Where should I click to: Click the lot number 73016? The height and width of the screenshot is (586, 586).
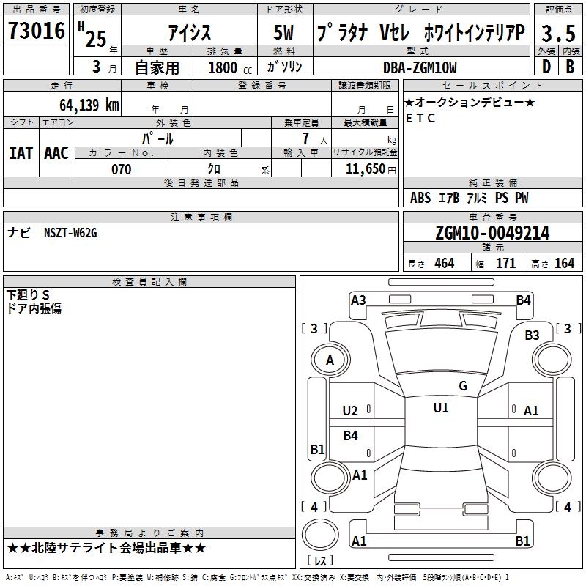(37, 31)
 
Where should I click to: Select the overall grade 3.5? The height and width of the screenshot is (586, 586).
(558, 34)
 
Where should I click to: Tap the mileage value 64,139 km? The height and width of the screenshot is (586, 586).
(89, 105)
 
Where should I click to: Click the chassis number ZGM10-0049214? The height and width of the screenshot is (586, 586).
(492, 233)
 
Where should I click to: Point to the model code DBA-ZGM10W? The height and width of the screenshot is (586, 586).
(420, 67)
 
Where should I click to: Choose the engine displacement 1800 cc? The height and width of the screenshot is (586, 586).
(230, 67)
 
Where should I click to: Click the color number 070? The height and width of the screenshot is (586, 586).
(122, 169)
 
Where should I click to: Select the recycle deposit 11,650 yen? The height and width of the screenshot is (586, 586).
(371, 169)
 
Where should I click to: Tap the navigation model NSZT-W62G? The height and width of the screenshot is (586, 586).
(70, 233)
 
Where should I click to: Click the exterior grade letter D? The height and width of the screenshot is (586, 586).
(546, 67)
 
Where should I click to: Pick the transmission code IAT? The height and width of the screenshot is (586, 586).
(21, 153)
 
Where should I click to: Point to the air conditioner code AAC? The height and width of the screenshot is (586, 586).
(56, 153)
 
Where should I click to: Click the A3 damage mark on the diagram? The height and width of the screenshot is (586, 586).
(358, 300)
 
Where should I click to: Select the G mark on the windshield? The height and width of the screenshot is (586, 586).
(463, 385)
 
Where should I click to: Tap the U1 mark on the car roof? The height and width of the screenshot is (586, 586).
(441, 407)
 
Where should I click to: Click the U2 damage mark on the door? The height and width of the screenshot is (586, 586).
(350, 411)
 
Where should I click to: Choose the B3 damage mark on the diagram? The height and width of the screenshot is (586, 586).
(532, 335)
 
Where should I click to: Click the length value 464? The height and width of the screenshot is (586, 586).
(445, 263)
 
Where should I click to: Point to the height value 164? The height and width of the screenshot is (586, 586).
(564, 263)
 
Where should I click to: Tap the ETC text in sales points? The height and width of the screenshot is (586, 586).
(420, 118)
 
